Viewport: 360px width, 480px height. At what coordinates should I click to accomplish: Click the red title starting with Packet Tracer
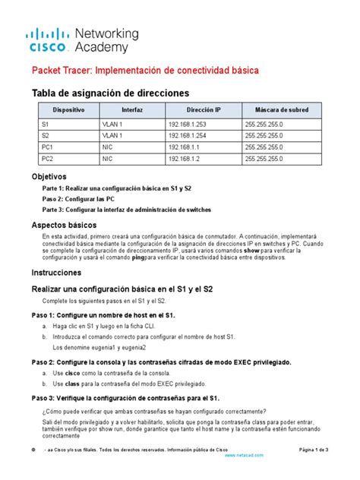144,70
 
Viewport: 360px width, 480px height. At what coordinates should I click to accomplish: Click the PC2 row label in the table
48,159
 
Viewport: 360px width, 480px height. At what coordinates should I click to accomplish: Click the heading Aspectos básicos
68,226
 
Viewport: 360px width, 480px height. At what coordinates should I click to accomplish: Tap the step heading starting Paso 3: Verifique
125,397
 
